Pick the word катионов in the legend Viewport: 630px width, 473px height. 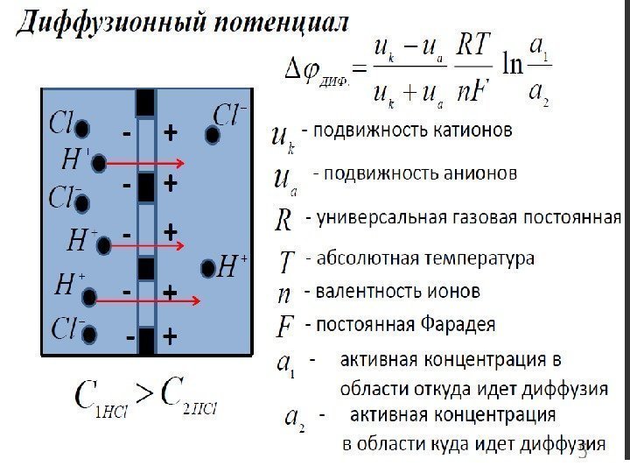pyautogui.click(x=468, y=132)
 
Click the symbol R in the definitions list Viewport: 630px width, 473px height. pyautogui.click(x=283, y=219)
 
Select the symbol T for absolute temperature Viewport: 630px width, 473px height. pyautogui.click(x=286, y=260)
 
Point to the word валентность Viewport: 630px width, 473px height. pyautogui.click(x=358, y=291)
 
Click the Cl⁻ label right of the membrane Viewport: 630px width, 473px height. pyautogui.click(x=231, y=115)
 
